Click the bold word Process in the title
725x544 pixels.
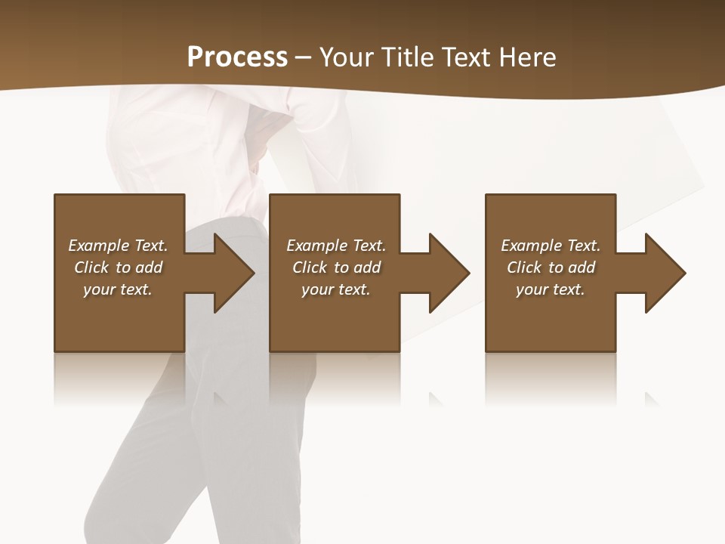point(237,57)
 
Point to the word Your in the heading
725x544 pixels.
point(346,57)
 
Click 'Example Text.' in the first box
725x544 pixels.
point(118,246)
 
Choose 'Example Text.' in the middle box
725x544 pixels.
point(336,246)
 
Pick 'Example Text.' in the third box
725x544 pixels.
point(551,246)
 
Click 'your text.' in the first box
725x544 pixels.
point(118,289)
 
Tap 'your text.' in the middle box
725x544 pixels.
point(336,289)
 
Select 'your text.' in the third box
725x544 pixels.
point(551,289)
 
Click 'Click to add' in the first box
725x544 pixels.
point(118,267)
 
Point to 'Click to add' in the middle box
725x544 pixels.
point(336,267)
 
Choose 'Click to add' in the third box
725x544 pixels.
point(551,267)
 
